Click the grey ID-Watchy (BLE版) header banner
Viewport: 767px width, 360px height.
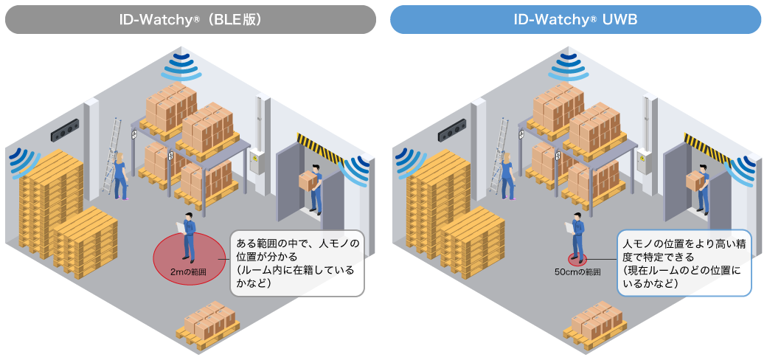(x=190, y=20)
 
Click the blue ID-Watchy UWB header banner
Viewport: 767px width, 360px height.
(x=575, y=20)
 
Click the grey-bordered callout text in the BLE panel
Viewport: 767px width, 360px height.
(x=297, y=263)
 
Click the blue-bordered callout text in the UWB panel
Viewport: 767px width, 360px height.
(x=684, y=263)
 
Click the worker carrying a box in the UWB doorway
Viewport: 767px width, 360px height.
(x=699, y=189)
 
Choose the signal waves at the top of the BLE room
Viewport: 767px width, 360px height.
(x=181, y=68)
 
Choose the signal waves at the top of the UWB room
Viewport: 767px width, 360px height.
(x=568, y=68)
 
